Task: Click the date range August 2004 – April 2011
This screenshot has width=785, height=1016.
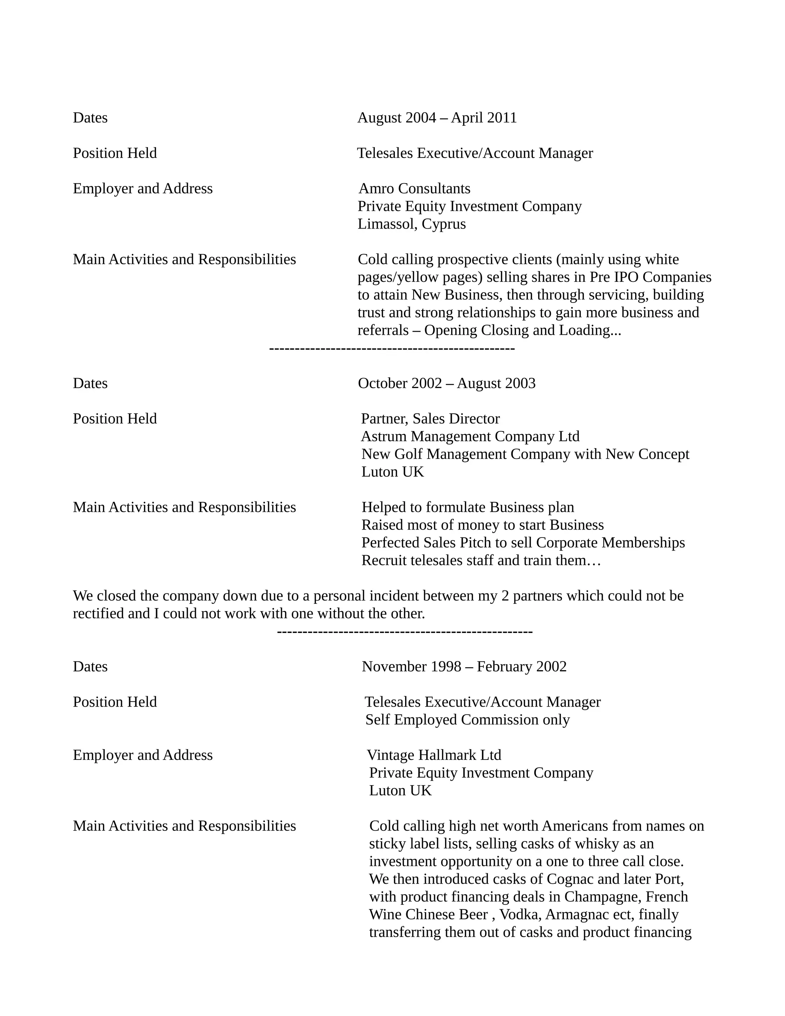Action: [437, 118]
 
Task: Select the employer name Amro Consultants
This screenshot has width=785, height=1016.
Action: [414, 188]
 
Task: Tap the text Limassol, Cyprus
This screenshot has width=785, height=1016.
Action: [412, 224]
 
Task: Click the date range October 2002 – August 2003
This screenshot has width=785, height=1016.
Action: [447, 383]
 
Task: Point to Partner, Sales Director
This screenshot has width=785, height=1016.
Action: [430, 419]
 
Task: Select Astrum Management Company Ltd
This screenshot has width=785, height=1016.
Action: [470, 436]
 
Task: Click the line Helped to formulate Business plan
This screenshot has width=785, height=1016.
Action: [468, 507]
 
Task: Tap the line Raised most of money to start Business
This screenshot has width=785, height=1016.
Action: [482, 525]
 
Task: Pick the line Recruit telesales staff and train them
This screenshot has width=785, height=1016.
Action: [481, 560]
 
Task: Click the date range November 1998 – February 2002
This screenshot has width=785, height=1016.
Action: [464, 667]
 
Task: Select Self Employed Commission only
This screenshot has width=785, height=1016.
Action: [467, 720]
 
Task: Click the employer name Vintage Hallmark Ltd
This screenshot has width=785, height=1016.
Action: [434, 755]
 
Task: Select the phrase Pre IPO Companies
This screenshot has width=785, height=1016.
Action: [650, 277]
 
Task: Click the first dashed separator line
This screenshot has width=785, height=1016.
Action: [392, 349]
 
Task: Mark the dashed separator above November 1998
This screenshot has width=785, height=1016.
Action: [405, 632]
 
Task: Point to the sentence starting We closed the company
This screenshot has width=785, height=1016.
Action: [378, 596]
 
